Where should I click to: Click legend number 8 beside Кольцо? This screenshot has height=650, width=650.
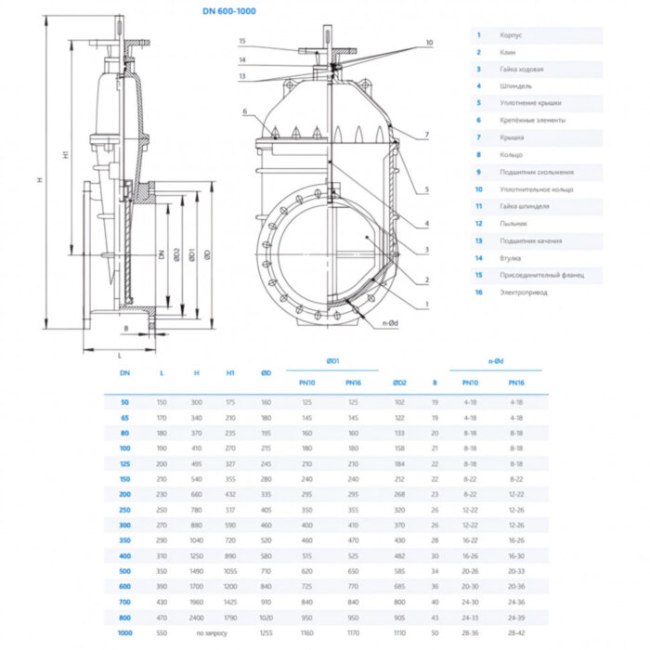coord(479,155)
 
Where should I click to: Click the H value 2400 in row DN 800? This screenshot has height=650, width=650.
coord(196,616)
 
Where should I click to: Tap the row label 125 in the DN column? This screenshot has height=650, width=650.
coord(125,463)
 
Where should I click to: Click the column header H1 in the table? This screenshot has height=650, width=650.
coord(230,372)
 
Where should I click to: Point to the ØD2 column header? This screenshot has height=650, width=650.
coord(399,382)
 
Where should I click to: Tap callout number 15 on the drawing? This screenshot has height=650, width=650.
coord(242,42)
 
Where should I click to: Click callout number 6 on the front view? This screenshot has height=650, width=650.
coord(245,111)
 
